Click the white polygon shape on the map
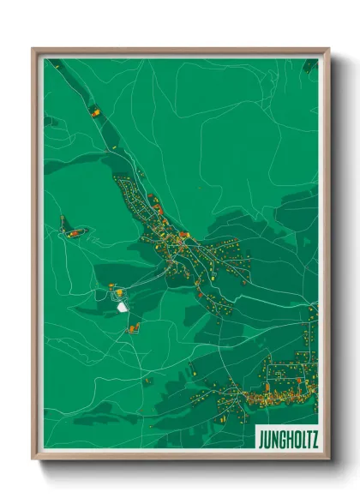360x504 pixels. pos(122,301)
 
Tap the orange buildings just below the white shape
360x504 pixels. pos(133,328)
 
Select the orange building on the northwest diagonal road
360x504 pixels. pos(95,111)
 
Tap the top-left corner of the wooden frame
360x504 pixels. pos(33,49)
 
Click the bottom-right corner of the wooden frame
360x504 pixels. pos(328,459)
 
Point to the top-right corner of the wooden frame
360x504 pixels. pos(328,49)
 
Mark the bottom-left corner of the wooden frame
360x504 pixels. pos(33,459)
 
